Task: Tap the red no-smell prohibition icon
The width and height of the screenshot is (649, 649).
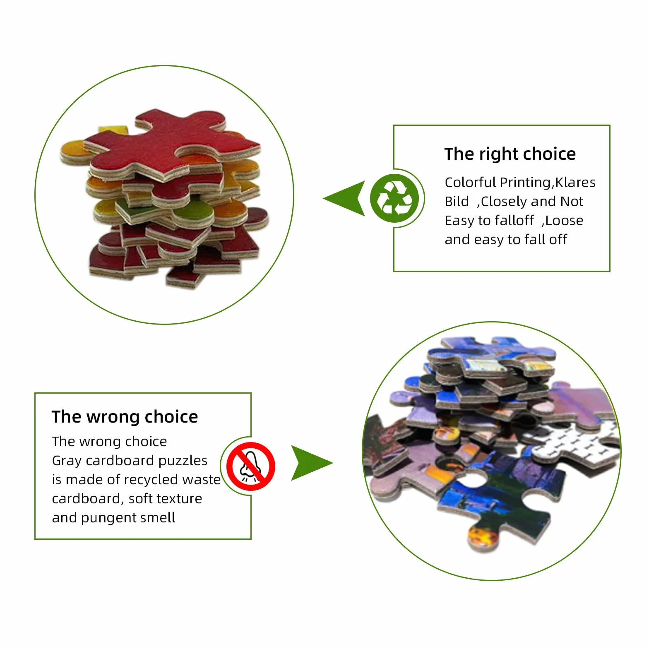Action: click(251, 466)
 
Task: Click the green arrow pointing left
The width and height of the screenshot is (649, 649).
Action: click(344, 198)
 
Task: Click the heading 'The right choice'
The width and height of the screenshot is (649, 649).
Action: click(510, 154)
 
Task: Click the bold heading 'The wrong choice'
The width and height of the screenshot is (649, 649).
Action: click(125, 417)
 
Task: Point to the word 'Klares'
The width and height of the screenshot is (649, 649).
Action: click(575, 182)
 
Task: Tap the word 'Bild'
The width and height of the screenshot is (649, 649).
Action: click(457, 201)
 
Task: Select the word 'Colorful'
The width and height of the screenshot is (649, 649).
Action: click(470, 182)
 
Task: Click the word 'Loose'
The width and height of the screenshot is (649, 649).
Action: click(564, 220)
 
